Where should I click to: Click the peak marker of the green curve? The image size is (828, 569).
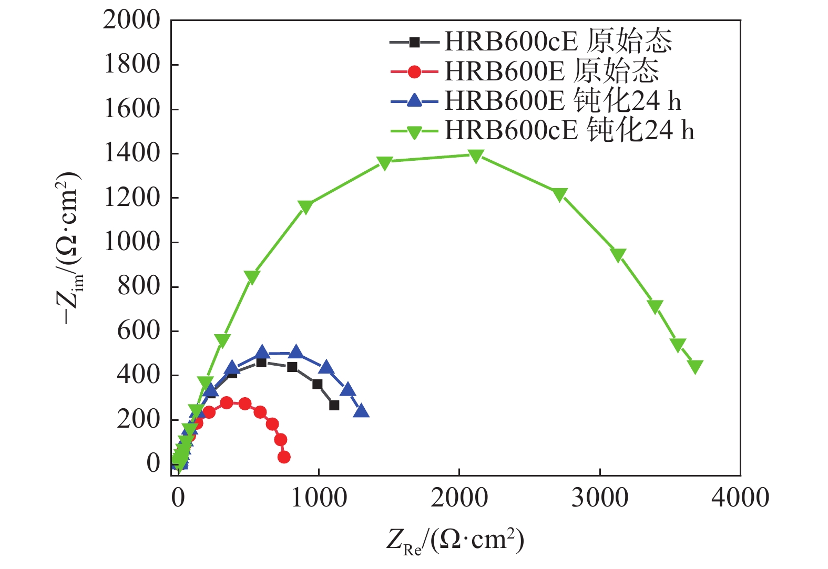(476, 156)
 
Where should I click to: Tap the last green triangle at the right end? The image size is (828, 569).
(695, 366)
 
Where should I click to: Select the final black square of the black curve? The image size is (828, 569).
(334, 405)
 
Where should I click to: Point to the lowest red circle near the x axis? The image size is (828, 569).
(284, 457)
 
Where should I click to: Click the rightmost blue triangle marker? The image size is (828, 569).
(361, 411)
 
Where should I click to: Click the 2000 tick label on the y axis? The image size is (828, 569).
(131, 20)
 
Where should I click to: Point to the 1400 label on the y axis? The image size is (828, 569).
(131, 153)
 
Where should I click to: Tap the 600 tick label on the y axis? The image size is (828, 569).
(138, 331)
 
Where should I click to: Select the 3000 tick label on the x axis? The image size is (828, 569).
(600, 498)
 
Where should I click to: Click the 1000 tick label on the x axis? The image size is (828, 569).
(319, 498)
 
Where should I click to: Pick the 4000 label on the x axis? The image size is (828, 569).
(740, 498)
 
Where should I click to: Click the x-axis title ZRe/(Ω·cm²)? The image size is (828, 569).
(455, 540)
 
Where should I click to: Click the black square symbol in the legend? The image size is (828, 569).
(414, 42)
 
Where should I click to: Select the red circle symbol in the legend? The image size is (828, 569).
(414, 71)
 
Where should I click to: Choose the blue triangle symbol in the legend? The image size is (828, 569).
(414, 100)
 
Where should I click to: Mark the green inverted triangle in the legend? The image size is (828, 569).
(414, 131)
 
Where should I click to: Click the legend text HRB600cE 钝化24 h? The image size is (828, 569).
(569, 130)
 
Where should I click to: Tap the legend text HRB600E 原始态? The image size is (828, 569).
(551, 71)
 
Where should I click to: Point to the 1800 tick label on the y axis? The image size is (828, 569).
(131, 65)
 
